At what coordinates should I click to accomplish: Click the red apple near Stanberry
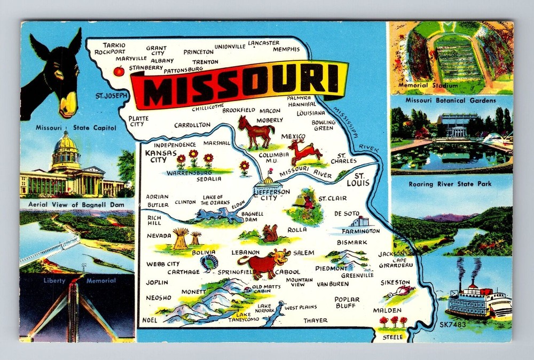tap(119, 71)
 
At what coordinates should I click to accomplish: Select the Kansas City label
tap(161, 156)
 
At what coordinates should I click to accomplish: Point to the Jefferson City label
tap(272, 194)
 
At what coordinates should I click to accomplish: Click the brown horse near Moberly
tap(256, 131)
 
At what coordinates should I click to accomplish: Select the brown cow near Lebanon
tap(258, 263)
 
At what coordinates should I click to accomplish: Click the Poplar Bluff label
tap(347, 303)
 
